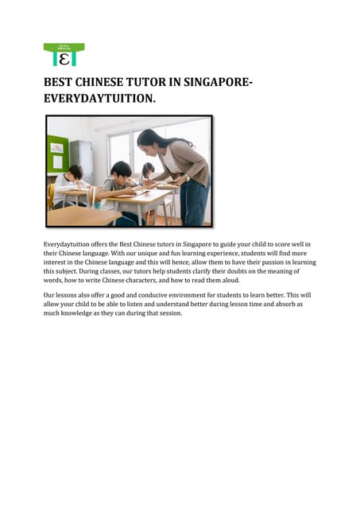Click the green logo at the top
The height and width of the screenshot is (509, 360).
pos(64,54)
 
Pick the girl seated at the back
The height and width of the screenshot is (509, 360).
pos(147,175)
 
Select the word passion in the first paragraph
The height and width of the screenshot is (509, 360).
pos(272,262)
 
